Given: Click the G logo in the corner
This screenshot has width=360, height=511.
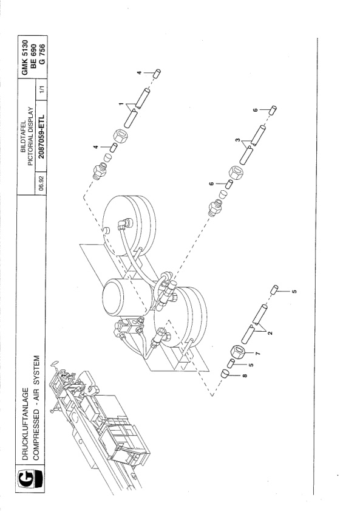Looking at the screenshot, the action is point(30,479).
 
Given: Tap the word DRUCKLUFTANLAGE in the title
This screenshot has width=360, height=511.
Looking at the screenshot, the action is point(25,424).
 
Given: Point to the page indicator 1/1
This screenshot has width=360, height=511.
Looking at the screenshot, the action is point(41,89).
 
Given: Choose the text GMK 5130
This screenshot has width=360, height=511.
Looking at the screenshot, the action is point(25,57).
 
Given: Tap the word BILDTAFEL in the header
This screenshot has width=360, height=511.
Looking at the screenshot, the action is point(24,136).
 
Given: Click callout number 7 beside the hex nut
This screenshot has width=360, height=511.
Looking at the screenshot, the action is point(258,354).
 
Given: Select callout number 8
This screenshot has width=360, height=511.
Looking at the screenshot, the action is point(245,376).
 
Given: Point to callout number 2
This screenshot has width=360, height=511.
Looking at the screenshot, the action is point(270,333).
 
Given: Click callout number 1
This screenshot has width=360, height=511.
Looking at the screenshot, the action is point(121,104).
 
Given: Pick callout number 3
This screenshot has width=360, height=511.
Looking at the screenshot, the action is point(238,140).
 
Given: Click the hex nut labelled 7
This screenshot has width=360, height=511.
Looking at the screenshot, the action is point(238,352).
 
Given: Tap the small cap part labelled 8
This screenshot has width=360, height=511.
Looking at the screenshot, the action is point(225,373).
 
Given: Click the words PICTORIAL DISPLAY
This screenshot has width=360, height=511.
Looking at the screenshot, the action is point(30,136).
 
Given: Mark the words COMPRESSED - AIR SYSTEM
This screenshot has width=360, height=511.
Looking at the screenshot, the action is point(36,408).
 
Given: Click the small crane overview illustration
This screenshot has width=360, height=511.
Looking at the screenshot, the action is point(98,424).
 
